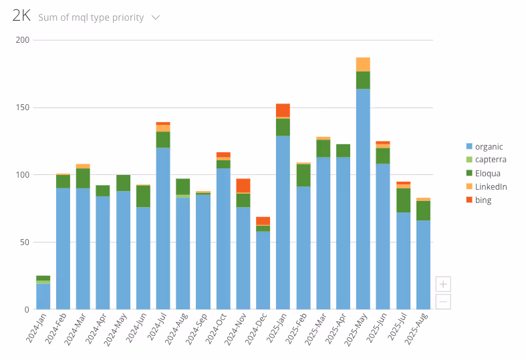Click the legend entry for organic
coord(488,146)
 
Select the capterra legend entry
coord(490,160)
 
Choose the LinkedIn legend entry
coord(491,186)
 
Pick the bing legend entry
coord(483,200)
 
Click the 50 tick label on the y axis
coord(24,242)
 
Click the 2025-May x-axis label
coord(354,330)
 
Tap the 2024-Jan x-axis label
coord(34,330)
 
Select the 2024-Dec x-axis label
coord(254,330)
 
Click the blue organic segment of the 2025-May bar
coord(363,200)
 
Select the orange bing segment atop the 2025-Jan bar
coord(283,110)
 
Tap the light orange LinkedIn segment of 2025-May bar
coord(363,64)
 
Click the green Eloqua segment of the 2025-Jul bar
coord(403,200)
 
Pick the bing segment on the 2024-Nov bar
coord(243,185)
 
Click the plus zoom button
coord(442,284)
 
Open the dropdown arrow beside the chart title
coord(156,17)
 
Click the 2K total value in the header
coord(21,17)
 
